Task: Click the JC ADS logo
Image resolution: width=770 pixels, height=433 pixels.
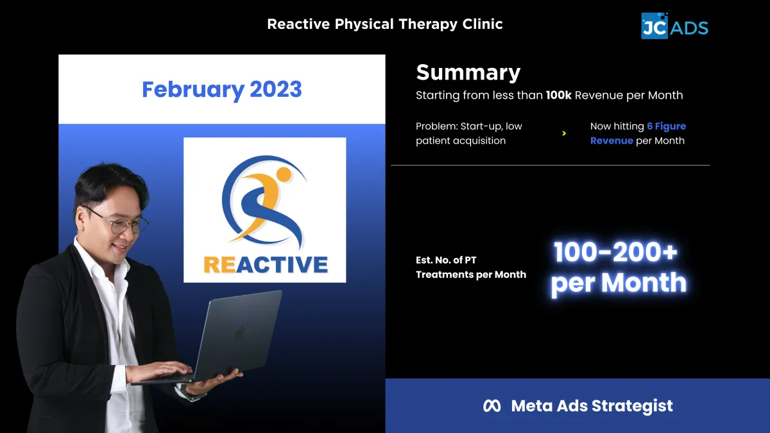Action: (674, 26)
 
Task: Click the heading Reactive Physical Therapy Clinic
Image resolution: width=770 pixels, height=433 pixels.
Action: (385, 24)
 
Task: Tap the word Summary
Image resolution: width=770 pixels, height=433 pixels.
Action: (468, 73)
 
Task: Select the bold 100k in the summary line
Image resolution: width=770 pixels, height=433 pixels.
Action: (559, 95)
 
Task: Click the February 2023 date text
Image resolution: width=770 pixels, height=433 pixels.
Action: (222, 90)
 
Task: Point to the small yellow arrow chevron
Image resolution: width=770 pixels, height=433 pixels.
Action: (564, 133)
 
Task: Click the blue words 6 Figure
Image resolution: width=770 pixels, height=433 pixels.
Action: (666, 126)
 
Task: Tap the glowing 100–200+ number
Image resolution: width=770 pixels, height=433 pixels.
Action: (615, 252)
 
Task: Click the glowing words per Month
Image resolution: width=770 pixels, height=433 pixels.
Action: (619, 283)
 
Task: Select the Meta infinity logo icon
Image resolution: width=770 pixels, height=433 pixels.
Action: (492, 406)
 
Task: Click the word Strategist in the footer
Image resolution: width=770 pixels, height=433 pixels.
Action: (632, 406)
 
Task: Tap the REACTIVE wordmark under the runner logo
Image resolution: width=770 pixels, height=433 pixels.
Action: (266, 265)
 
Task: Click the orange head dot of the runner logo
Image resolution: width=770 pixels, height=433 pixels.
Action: (284, 174)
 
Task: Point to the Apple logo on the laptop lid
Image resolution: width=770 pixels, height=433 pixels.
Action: (240, 333)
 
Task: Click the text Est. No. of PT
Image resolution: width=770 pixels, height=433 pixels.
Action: (446, 260)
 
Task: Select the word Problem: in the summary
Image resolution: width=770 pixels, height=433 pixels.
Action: (436, 126)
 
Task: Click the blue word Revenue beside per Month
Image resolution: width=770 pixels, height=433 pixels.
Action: (612, 141)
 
